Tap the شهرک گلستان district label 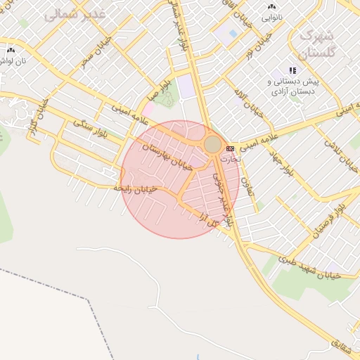coord(318,43)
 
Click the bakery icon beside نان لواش coord(10,51)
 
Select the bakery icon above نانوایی coord(271,6)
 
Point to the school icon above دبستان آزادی coord(292,71)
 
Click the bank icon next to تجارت coord(230,149)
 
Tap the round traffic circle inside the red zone coord(212,144)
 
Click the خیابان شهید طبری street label coord(309,267)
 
